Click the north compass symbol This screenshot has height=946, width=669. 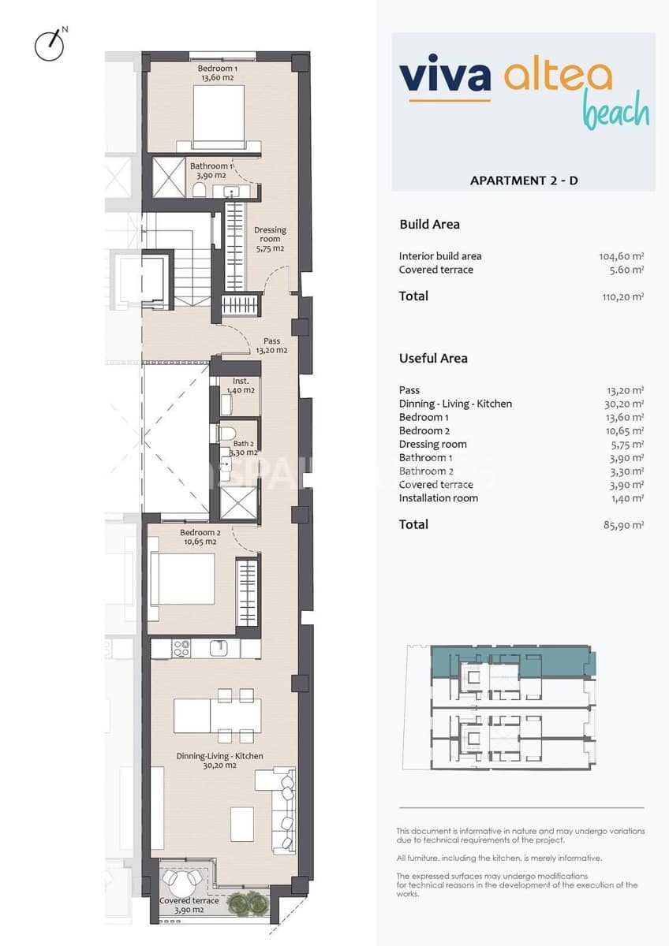[x=49, y=45]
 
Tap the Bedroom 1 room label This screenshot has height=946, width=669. [x=218, y=73]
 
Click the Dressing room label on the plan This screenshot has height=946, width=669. [x=270, y=239]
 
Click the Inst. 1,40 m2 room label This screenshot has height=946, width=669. [x=241, y=385]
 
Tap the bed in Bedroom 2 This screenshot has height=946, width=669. [x=182, y=579]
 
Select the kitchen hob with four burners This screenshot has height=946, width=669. [x=181, y=648]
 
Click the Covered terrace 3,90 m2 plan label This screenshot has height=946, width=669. [x=189, y=905]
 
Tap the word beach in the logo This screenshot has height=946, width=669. [x=615, y=112]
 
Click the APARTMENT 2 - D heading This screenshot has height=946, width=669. [x=524, y=181]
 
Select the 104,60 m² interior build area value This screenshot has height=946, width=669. [x=622, y=256]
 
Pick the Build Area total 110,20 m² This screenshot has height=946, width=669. [x=622, y=296]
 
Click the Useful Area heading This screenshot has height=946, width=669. [x=433, y=358]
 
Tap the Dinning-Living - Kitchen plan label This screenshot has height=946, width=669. [x=220, y=760]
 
